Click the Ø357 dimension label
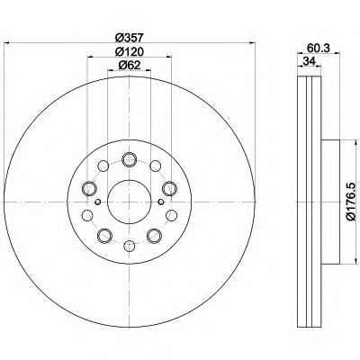(130, 38)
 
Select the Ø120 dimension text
(130, 52)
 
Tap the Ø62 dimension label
(130, 65)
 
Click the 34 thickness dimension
(309, 61)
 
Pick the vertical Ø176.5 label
(353, 202)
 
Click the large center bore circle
(130, 202)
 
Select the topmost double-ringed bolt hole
(130, 159)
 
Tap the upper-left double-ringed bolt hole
(89, 188)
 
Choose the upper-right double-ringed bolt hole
(169, 188)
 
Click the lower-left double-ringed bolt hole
(104, 236)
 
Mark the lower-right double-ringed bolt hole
(154, 236)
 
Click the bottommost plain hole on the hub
(130, 246)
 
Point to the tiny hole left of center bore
(97, 202)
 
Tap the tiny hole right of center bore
(161, 202)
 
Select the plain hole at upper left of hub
(103, 166)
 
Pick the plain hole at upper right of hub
(156, 166)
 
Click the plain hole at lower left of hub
(87, 215)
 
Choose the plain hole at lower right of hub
(172, 215)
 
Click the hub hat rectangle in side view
(330, 202)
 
